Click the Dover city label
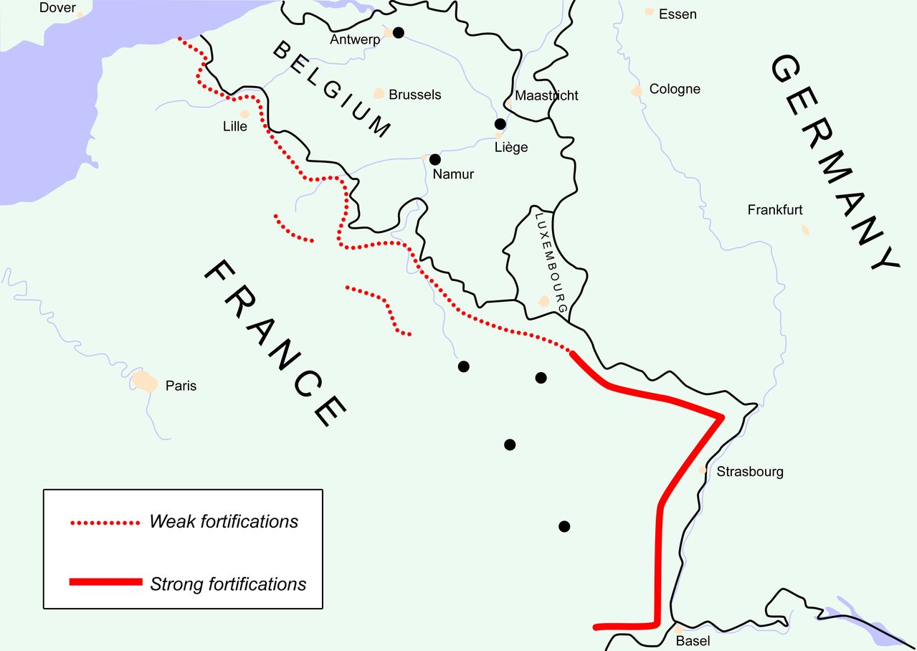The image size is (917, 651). point(57,8)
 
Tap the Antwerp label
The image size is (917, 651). point(355,39)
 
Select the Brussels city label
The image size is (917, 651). point(414,95)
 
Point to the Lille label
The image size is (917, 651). point(235,127)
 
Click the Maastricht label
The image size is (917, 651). point(546,95)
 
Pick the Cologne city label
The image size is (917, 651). point(675,90)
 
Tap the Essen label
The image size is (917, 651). point(678,14)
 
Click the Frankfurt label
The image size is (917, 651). point(775,210)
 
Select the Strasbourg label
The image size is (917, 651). point(750,472)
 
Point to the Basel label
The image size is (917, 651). point(693,641)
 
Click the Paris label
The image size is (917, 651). point(181,386)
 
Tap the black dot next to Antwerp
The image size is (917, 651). point(399,32)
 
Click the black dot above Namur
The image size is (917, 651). point(434,159)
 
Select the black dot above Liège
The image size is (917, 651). point(500,124)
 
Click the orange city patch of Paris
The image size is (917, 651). point(144,381)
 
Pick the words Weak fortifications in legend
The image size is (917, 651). point(224,521)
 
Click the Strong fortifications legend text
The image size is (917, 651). point(228,584)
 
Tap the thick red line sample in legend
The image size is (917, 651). point(105,582)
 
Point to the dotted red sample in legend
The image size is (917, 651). point(105,523)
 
